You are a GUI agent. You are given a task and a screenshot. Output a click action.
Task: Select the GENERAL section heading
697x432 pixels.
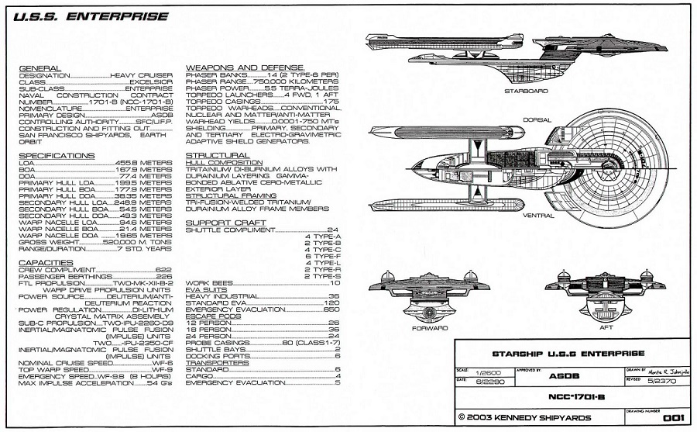(x=39, y=69)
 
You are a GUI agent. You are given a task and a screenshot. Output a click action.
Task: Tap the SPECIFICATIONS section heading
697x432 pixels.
(x=53, y=156)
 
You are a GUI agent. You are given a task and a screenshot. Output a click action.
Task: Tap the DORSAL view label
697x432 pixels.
(x=537, y=120)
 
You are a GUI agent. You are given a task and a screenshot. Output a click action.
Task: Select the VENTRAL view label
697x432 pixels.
(x=538, y=215)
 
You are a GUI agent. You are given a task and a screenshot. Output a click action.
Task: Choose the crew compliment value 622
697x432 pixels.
(x=163, y=269)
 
